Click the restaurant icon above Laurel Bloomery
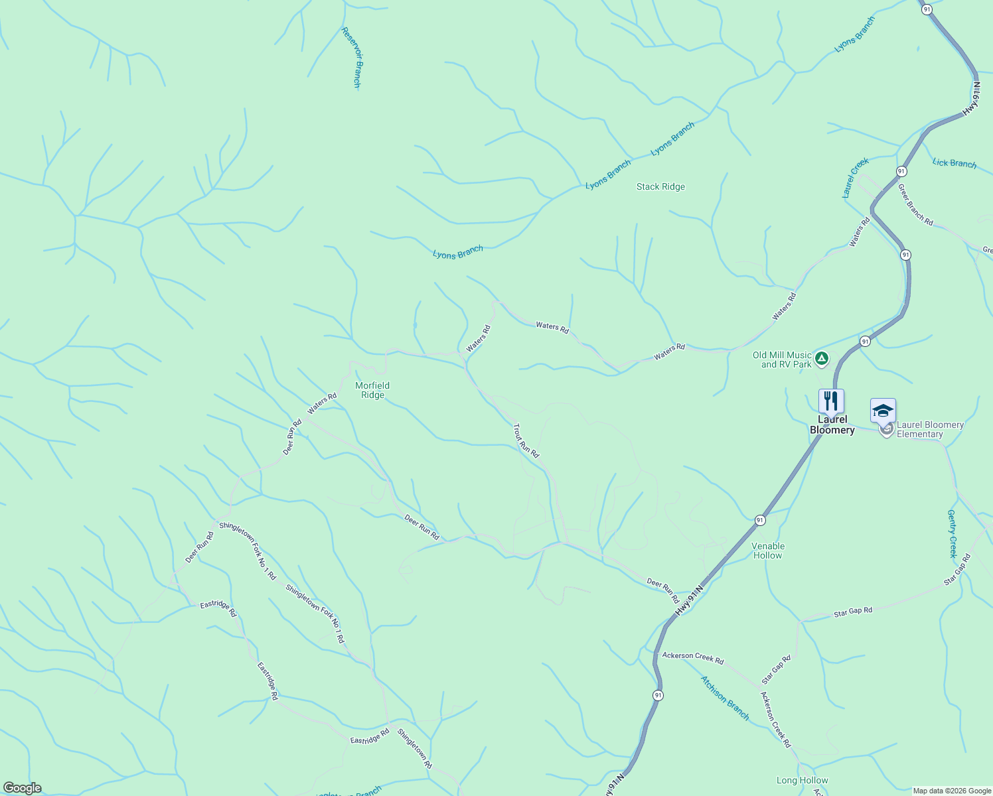[831, 401]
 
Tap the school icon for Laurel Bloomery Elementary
[883, 411]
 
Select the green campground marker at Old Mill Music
[822, 359]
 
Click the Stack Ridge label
[660, 186]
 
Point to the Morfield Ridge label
[372, 390]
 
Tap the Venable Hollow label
[768, 551]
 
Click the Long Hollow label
[802, 780]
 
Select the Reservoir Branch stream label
[351, 57]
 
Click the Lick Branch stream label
[954, 163]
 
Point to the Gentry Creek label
[953, 533]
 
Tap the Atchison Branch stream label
[725, 698]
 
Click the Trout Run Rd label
[526, 440]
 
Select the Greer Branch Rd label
[915, 204]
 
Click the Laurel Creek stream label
[855, 177]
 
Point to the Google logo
[22, 788]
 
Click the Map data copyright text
[951, 791]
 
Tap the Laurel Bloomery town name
[832, 425]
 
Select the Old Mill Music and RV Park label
[782, 360]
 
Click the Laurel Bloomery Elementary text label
[929, 429]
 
